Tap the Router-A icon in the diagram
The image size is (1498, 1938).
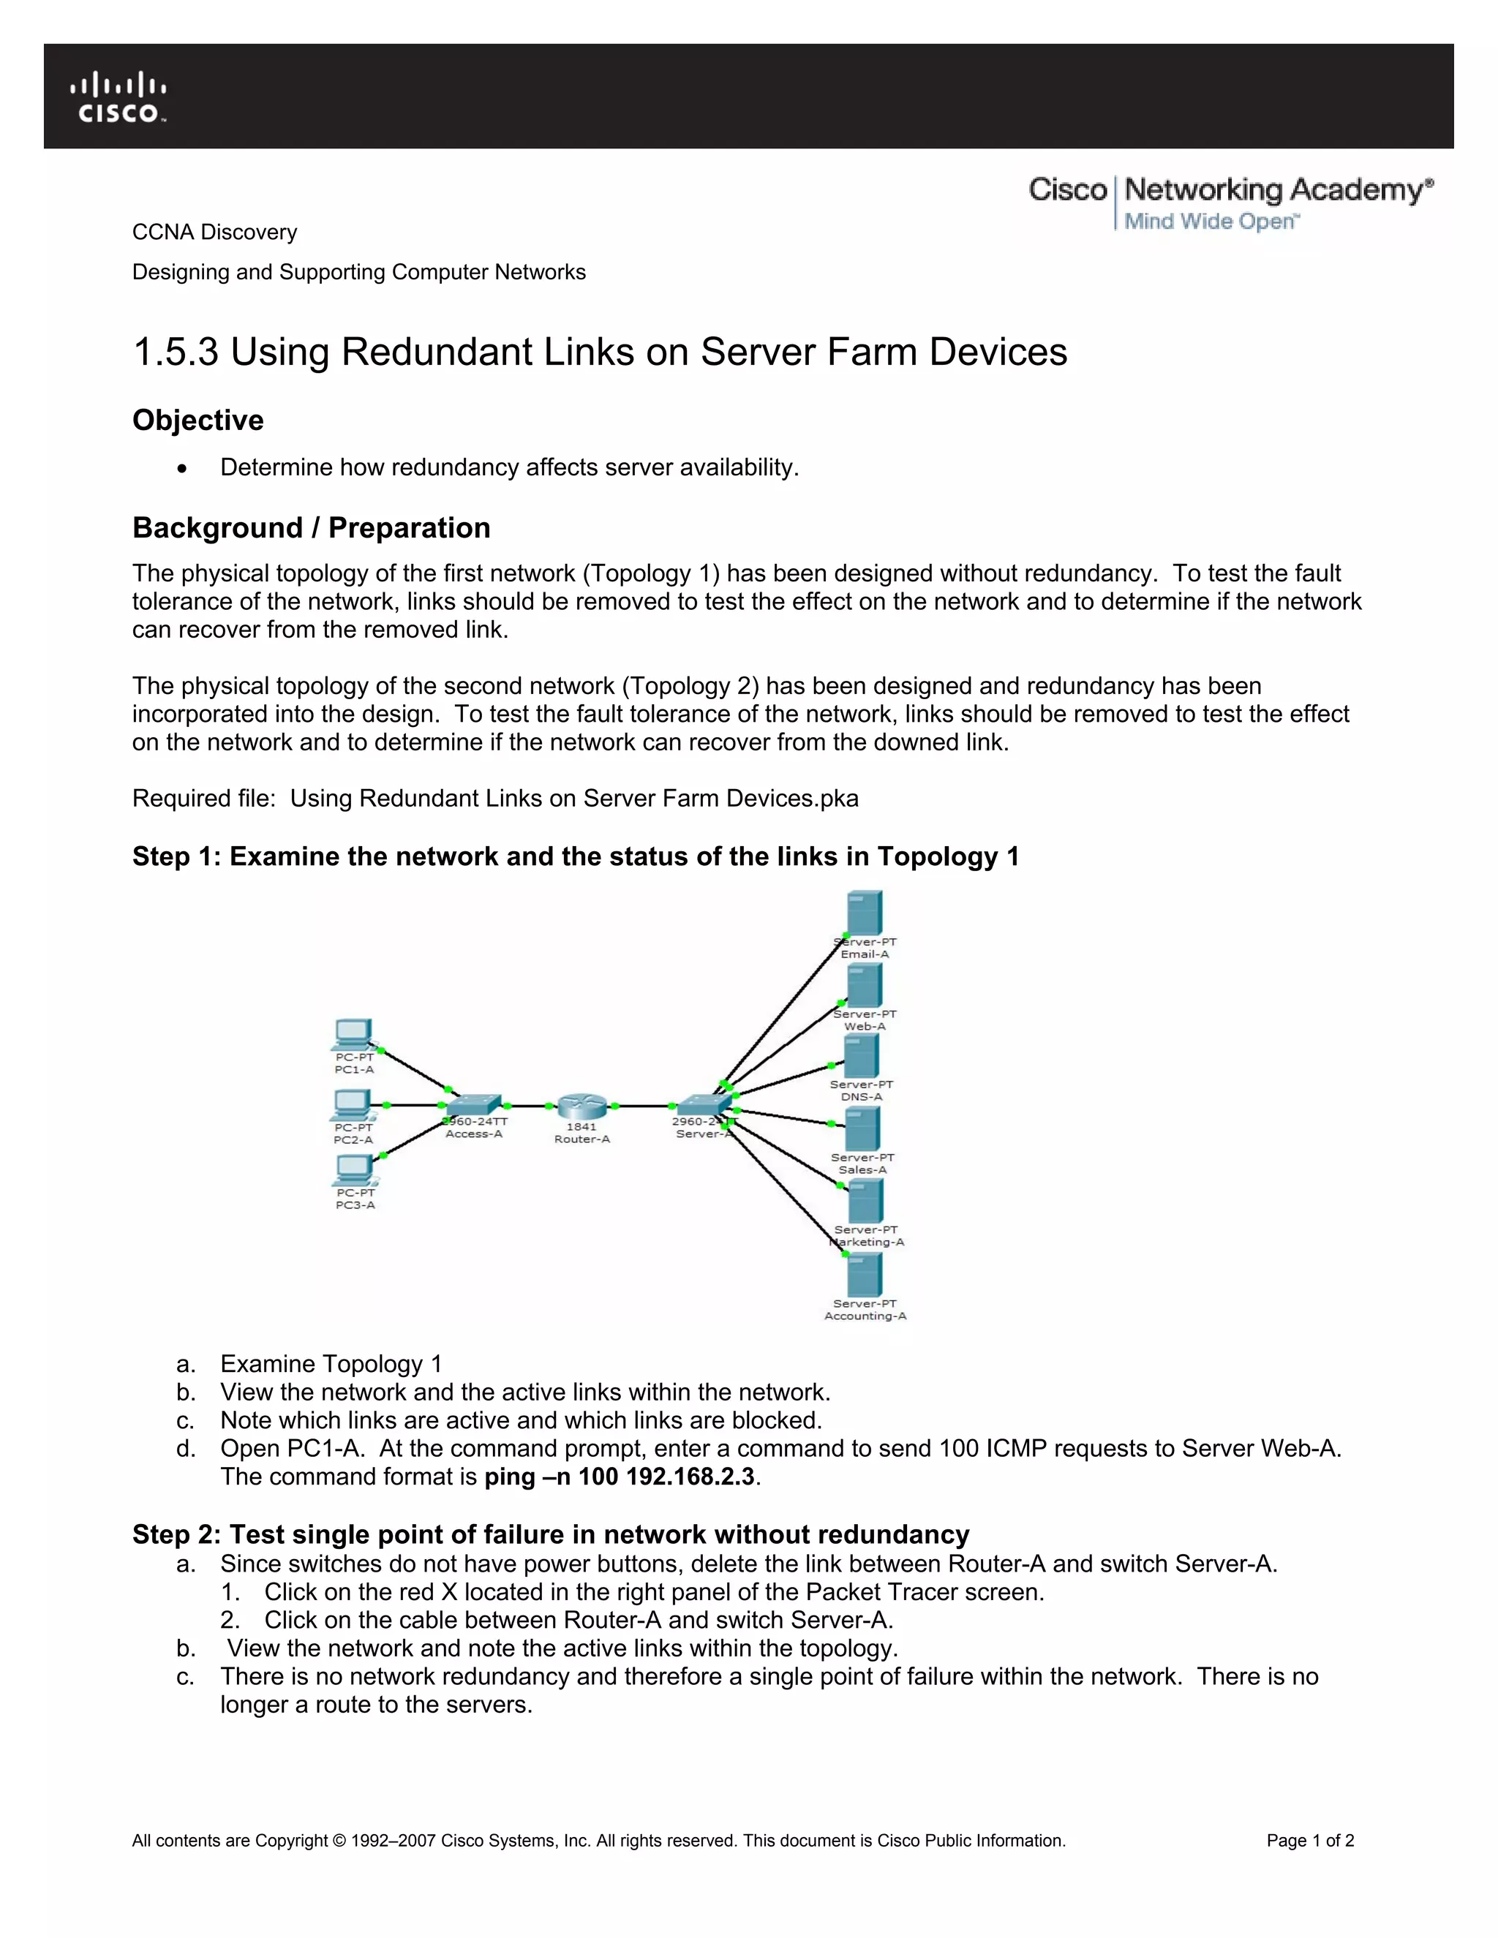point(582,1106)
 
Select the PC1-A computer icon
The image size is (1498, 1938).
point(353,1035)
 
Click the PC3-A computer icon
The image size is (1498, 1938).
point(354,1170)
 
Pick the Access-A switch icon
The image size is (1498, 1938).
point(473,1106)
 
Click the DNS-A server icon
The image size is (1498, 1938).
point(862,1056)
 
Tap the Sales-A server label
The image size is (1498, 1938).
point(862,1164)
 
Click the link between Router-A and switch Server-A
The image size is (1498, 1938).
point(646,1106)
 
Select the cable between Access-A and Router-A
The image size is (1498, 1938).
point(529,1106)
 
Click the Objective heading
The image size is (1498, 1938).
point(198,420)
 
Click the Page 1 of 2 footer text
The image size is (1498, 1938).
point(1310,1841)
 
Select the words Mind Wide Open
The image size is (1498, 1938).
point(1211,221)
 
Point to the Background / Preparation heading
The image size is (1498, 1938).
point(311,528)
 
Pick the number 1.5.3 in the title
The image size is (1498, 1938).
point(175,352)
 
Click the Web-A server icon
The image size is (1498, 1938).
point(865,985)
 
